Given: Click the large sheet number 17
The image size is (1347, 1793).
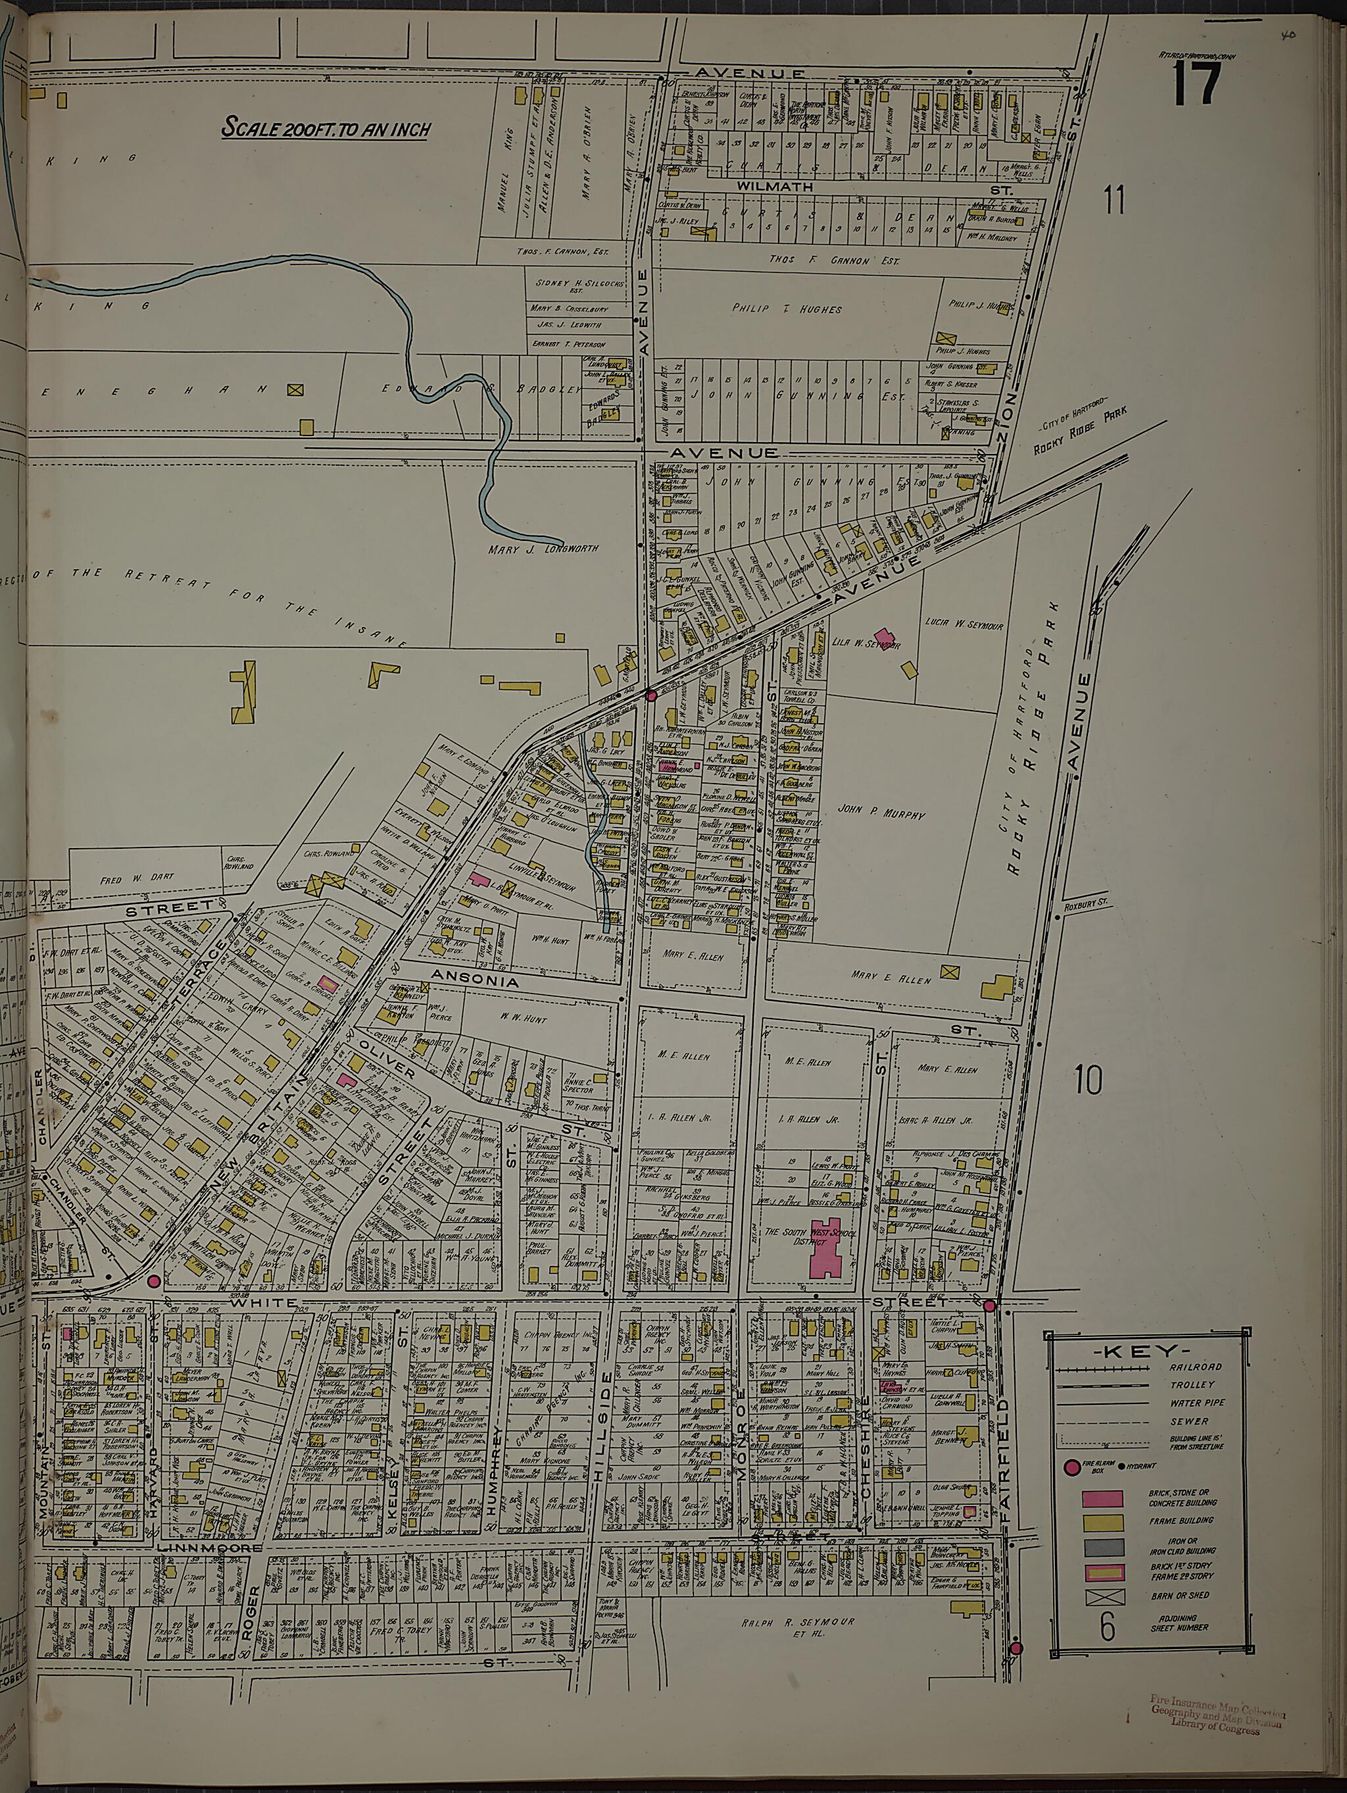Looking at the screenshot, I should pos(1196,84).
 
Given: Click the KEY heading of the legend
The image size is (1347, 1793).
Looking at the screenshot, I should pos(1146,1352).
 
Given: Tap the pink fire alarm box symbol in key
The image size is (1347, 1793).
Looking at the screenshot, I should pos(1071,1467).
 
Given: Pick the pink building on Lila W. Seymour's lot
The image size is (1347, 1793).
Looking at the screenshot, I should pos(883,638).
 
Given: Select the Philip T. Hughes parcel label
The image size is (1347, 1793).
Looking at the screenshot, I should pos(798,309).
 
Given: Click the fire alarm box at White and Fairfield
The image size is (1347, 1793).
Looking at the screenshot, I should pos(989,1306).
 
